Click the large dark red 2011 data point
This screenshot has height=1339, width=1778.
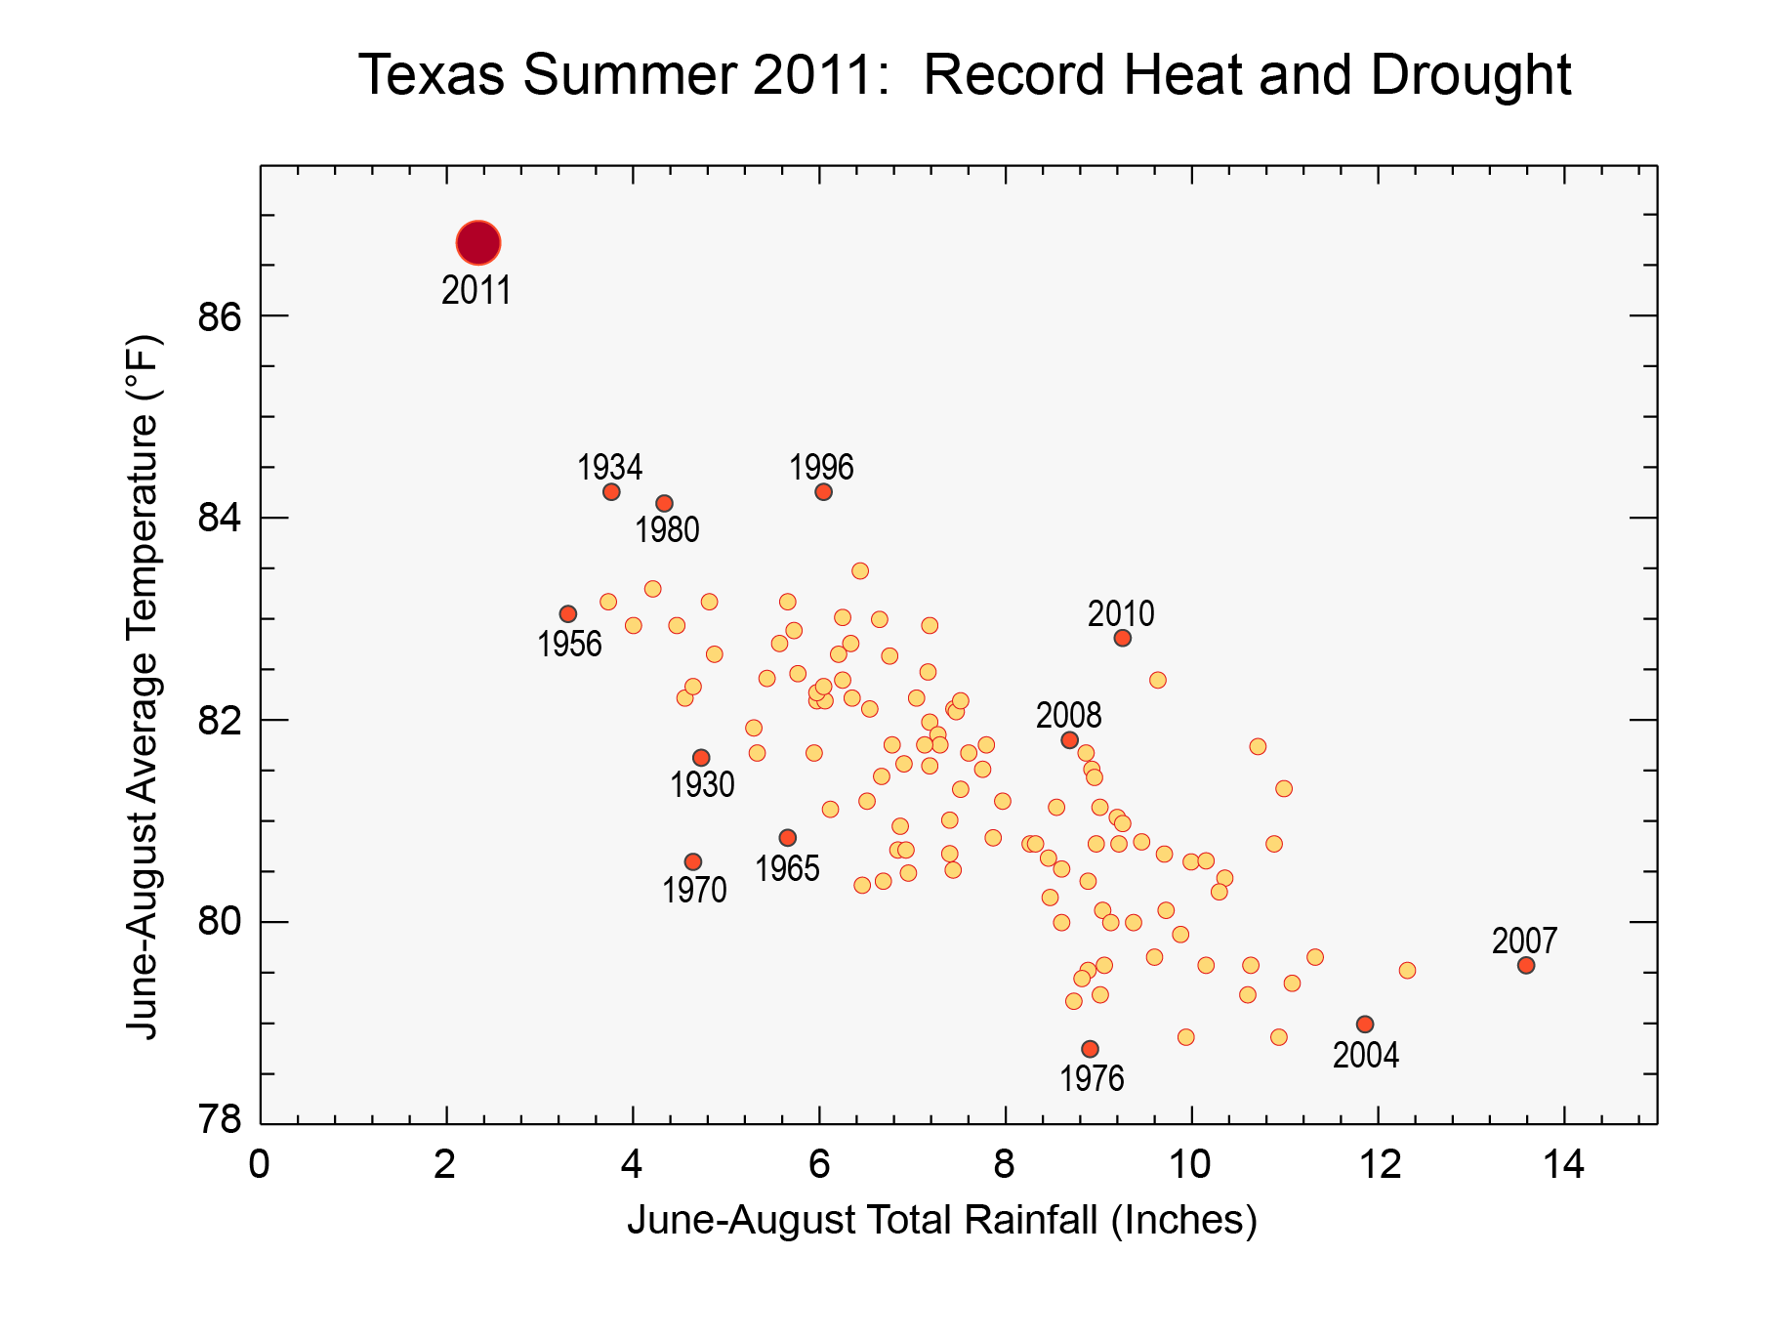pos(477,242)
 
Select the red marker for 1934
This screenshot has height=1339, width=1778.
pos(611,491)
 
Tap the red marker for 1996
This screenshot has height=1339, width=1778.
pos(823,491)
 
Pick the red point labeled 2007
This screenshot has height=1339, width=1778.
pos(1525,965)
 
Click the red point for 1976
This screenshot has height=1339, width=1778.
pos(1090,1049)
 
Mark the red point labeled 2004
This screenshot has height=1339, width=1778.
pos(1365,1024)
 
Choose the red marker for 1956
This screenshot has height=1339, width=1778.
pos(567,613)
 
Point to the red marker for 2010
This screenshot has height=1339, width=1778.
pos(1122,638)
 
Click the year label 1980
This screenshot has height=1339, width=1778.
pos(667,530)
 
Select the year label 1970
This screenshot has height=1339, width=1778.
pos(694,891)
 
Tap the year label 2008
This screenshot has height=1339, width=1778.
pos(1068,716)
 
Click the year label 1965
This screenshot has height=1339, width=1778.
pos(787,869)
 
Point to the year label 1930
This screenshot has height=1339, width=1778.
pos(702,785)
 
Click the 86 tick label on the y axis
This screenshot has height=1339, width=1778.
pos(219,317)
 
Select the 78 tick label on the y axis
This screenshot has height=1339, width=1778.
pos(219,1120)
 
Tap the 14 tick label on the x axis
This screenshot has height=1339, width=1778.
pos(1563,1165)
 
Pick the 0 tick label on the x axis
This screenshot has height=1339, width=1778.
pos(259,1165)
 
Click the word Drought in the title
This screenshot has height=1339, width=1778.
pos(1470,75)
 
